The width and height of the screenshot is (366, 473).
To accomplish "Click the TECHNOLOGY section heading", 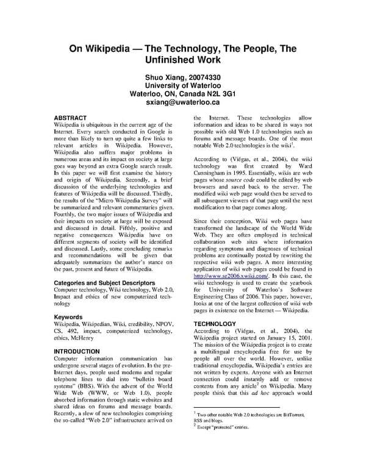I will tap(214, 324).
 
